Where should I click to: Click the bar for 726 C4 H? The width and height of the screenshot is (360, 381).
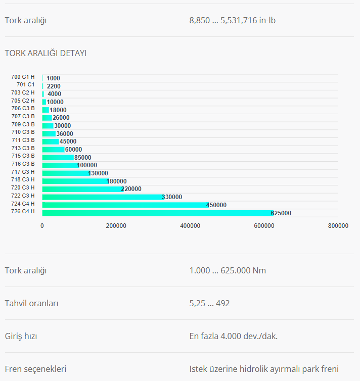[157, 213]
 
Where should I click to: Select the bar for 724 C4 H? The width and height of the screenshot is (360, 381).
[125, 205]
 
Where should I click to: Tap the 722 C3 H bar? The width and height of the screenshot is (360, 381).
[103, 197]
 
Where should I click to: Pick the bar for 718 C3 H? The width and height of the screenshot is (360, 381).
[75, 181]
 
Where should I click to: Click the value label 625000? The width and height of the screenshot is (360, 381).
[281, 213]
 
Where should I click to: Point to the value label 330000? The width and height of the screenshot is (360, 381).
[172, 197]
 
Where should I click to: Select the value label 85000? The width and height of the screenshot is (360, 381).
[82, 158]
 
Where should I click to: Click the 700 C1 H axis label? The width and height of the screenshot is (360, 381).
[23, 77]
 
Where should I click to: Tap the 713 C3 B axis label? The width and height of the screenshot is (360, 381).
[23, 148]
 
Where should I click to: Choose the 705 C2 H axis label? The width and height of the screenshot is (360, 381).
[23, 101]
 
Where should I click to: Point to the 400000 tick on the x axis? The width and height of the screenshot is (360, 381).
[190, 226]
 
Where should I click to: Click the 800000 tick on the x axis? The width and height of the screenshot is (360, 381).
[338, 226]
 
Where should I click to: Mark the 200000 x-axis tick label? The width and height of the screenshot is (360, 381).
[116, 226]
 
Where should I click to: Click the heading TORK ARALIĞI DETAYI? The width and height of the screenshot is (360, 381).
[46, 53]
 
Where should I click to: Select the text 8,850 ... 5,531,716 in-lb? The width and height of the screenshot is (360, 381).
[232, 20]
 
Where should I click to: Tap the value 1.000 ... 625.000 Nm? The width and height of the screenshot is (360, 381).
[228, 270]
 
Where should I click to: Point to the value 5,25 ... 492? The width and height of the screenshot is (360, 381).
[209, 303]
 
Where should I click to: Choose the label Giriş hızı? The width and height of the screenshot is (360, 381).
[21, 336]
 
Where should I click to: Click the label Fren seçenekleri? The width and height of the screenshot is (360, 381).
[35, 369]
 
